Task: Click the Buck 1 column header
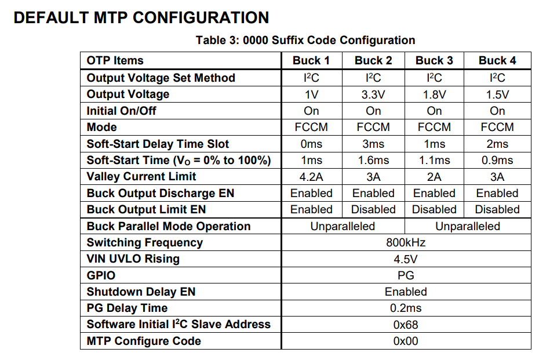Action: coord(311,61)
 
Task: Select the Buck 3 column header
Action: coord(434,61)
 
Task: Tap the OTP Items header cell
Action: coord(115,61)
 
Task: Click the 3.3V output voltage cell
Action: coord(373,94)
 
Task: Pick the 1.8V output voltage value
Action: coord(434,94)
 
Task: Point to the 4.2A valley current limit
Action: coord(311,177)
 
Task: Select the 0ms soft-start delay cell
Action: coord(311,144)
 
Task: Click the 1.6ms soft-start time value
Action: coord(373,161)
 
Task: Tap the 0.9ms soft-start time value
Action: coord(497,161)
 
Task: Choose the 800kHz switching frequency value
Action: coord(406,243)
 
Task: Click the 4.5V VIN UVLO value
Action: coord(406,259)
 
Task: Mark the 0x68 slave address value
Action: coord(406,325)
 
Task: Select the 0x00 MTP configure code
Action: coord(406,341)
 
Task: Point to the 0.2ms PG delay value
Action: coord(406,308)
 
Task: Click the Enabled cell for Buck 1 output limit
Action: coord(311,210)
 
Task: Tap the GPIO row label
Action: coord(101,275)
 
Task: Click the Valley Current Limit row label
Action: coord(141,177)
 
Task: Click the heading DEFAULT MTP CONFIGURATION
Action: coord(141,18)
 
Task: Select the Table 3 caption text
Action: coord(305,40)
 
